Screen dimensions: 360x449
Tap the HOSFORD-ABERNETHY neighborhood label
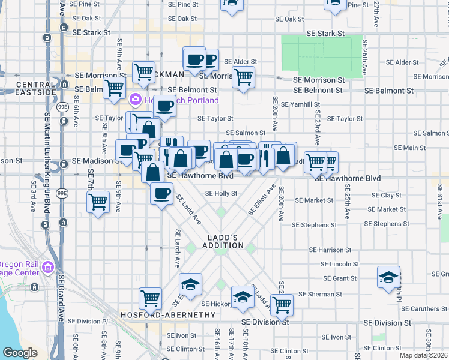click(167, 315)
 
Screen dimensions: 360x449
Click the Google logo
click(20, 353)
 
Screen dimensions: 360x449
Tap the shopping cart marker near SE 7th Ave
click(98, 202)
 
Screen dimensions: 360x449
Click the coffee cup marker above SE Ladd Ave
click(161, 194)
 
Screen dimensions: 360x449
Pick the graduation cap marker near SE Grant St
click(389, 277)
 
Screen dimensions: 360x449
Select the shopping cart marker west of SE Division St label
click(282, 304)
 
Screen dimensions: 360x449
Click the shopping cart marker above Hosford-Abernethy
click(150, 298)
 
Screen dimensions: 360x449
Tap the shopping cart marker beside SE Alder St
click(243, 77)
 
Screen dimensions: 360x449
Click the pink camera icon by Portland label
click(136, 100)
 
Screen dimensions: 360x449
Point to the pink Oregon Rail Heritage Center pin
click(47, 268)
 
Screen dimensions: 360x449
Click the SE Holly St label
click(221, 194)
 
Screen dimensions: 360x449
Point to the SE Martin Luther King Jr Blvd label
click(46, 138)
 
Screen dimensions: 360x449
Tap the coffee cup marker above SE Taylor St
click(164, 106)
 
